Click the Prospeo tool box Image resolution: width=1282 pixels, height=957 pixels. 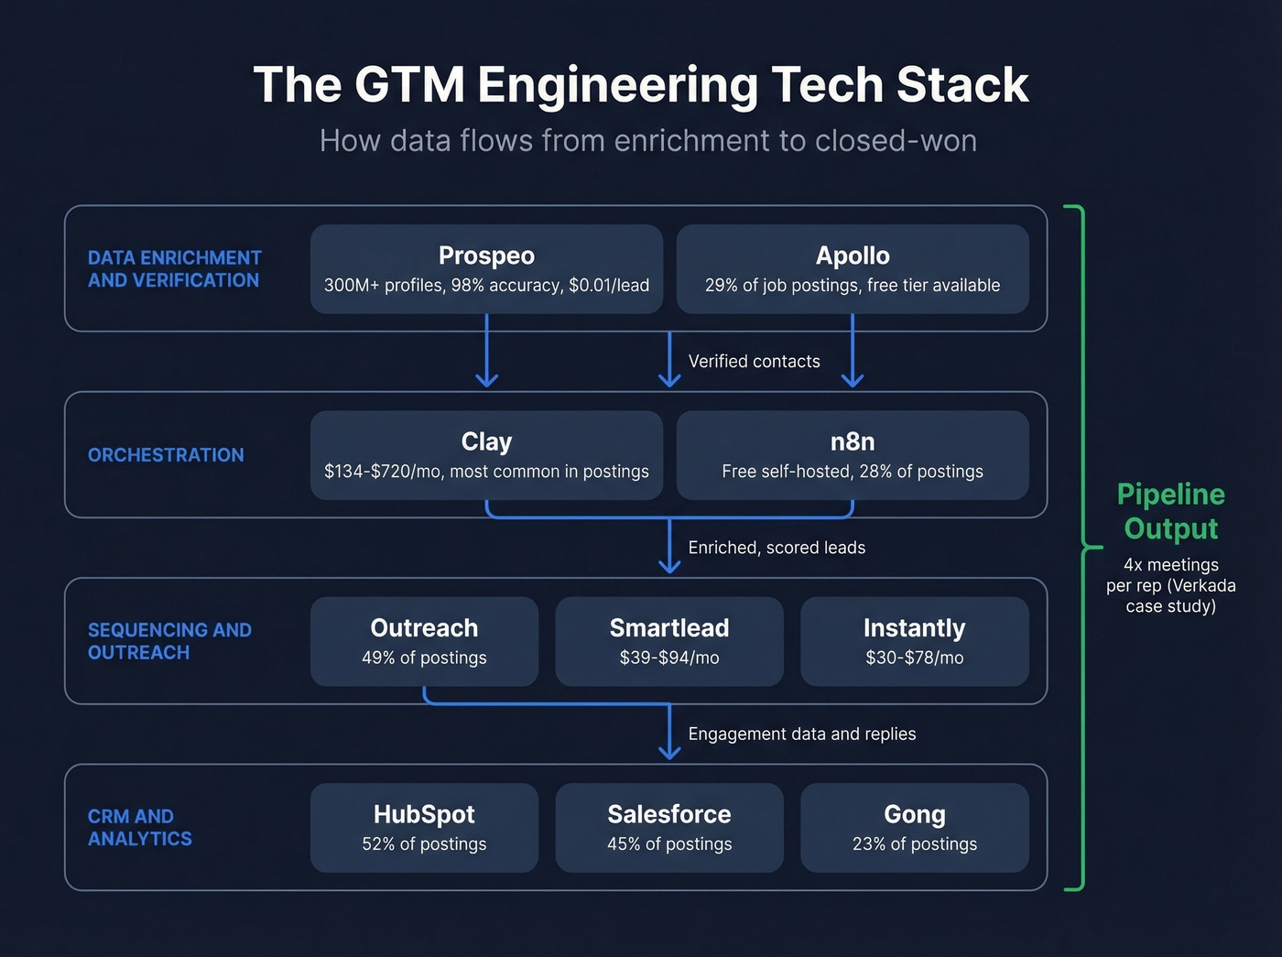point(486,269)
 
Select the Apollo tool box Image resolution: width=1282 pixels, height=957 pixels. point(853,269)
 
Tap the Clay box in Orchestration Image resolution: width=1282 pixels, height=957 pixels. point(486,455)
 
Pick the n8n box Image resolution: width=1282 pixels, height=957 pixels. point(853,455)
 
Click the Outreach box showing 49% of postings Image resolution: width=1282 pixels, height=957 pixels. point(424,641)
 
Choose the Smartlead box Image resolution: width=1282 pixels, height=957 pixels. point(669,641)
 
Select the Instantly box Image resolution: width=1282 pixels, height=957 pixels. point(914,641)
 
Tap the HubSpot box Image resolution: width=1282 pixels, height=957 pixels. point(424,827)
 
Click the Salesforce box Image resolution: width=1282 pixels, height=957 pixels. point(669,827)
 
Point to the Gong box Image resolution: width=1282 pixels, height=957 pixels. point(914,827)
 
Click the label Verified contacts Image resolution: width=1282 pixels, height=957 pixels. point(754,362)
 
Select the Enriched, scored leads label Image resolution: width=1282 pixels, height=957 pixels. point(777,548)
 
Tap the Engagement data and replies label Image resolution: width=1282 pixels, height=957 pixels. point(801,734)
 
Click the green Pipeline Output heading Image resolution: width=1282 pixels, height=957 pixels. point(1170,511)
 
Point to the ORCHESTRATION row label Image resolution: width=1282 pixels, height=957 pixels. point(166,455)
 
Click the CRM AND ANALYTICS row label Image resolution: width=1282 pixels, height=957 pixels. point(139,827)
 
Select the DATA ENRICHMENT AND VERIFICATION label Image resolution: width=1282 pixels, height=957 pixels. point(174,269)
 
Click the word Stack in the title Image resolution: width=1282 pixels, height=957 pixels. point(961,85)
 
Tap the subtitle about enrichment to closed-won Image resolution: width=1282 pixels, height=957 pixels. point(647,141)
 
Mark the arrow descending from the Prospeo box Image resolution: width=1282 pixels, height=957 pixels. point(486,353)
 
